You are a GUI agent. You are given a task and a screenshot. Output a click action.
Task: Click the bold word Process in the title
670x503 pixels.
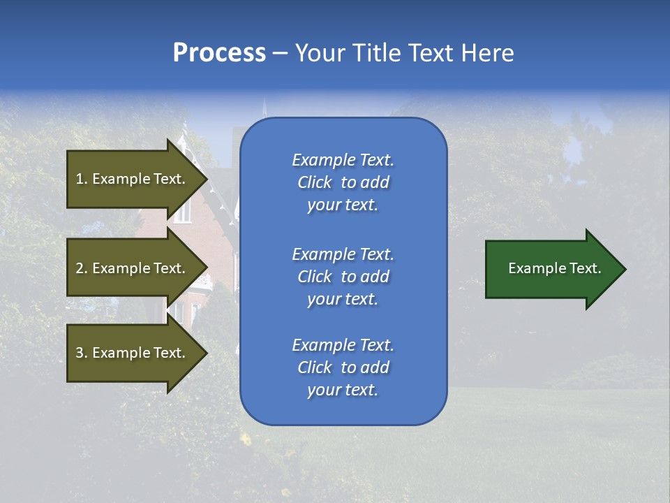click(219, 53)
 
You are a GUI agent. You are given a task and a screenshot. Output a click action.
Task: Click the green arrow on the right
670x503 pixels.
click(551, 269)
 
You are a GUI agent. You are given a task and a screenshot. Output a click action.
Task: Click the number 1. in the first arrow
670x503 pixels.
click(82, 180)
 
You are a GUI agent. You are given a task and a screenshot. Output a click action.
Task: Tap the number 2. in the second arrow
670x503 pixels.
click(82, 269)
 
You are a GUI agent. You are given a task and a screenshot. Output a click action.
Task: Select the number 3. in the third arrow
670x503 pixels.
click(82, 353)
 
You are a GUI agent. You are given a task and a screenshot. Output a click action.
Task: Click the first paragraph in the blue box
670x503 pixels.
click(343, 182)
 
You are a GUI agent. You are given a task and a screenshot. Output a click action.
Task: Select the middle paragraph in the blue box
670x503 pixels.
click(343, 277)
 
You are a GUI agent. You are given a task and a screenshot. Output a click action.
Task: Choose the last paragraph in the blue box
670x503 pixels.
click(343, 367)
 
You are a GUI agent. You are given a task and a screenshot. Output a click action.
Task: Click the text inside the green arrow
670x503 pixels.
click(554, 268)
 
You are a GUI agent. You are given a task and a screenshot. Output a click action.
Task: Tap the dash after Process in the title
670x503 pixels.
click(280, 54)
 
